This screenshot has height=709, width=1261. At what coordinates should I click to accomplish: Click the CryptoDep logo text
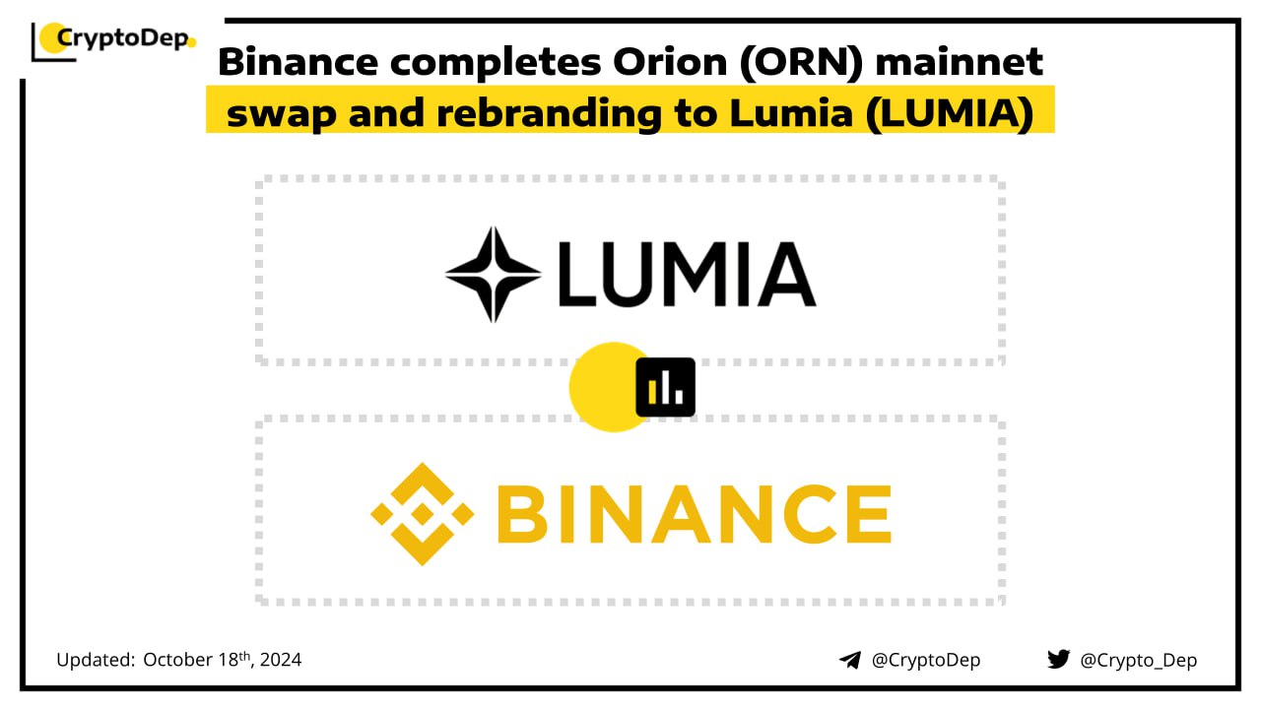(x=123, y=38)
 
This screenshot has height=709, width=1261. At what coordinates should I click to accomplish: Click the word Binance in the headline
(x=298, y=61)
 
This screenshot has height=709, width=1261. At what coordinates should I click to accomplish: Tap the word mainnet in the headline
(x=960, y=61)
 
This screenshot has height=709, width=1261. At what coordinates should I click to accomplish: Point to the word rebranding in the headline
(x=549, y=113)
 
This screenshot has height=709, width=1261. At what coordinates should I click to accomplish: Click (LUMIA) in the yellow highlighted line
(x=950, y=113)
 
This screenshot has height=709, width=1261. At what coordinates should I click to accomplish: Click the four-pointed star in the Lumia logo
(x=494, y=275)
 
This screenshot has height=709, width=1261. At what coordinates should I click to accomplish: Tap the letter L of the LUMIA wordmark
(x=577, y=274)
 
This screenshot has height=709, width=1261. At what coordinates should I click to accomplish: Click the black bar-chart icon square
(x=665, y=387)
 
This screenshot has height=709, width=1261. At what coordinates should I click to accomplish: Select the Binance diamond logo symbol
(x=423, y=514)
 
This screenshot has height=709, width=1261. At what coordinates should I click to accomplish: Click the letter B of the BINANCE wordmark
(x=522, y=514)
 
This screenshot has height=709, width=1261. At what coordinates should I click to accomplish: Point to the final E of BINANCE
(x=869, y=514)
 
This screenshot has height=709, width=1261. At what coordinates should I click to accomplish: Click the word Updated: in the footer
(x=96, y=660)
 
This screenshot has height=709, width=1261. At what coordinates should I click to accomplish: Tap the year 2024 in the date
(x=281, y=660)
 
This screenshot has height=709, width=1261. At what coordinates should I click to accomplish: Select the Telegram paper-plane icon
(x=850, y=660)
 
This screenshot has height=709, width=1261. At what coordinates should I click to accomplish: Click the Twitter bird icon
(x=1058, y=659)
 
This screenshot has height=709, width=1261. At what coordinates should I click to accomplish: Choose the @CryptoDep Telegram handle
(x=926, y=660)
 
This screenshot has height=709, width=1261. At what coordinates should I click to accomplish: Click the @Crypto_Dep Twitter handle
(x=1138, y=661)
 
